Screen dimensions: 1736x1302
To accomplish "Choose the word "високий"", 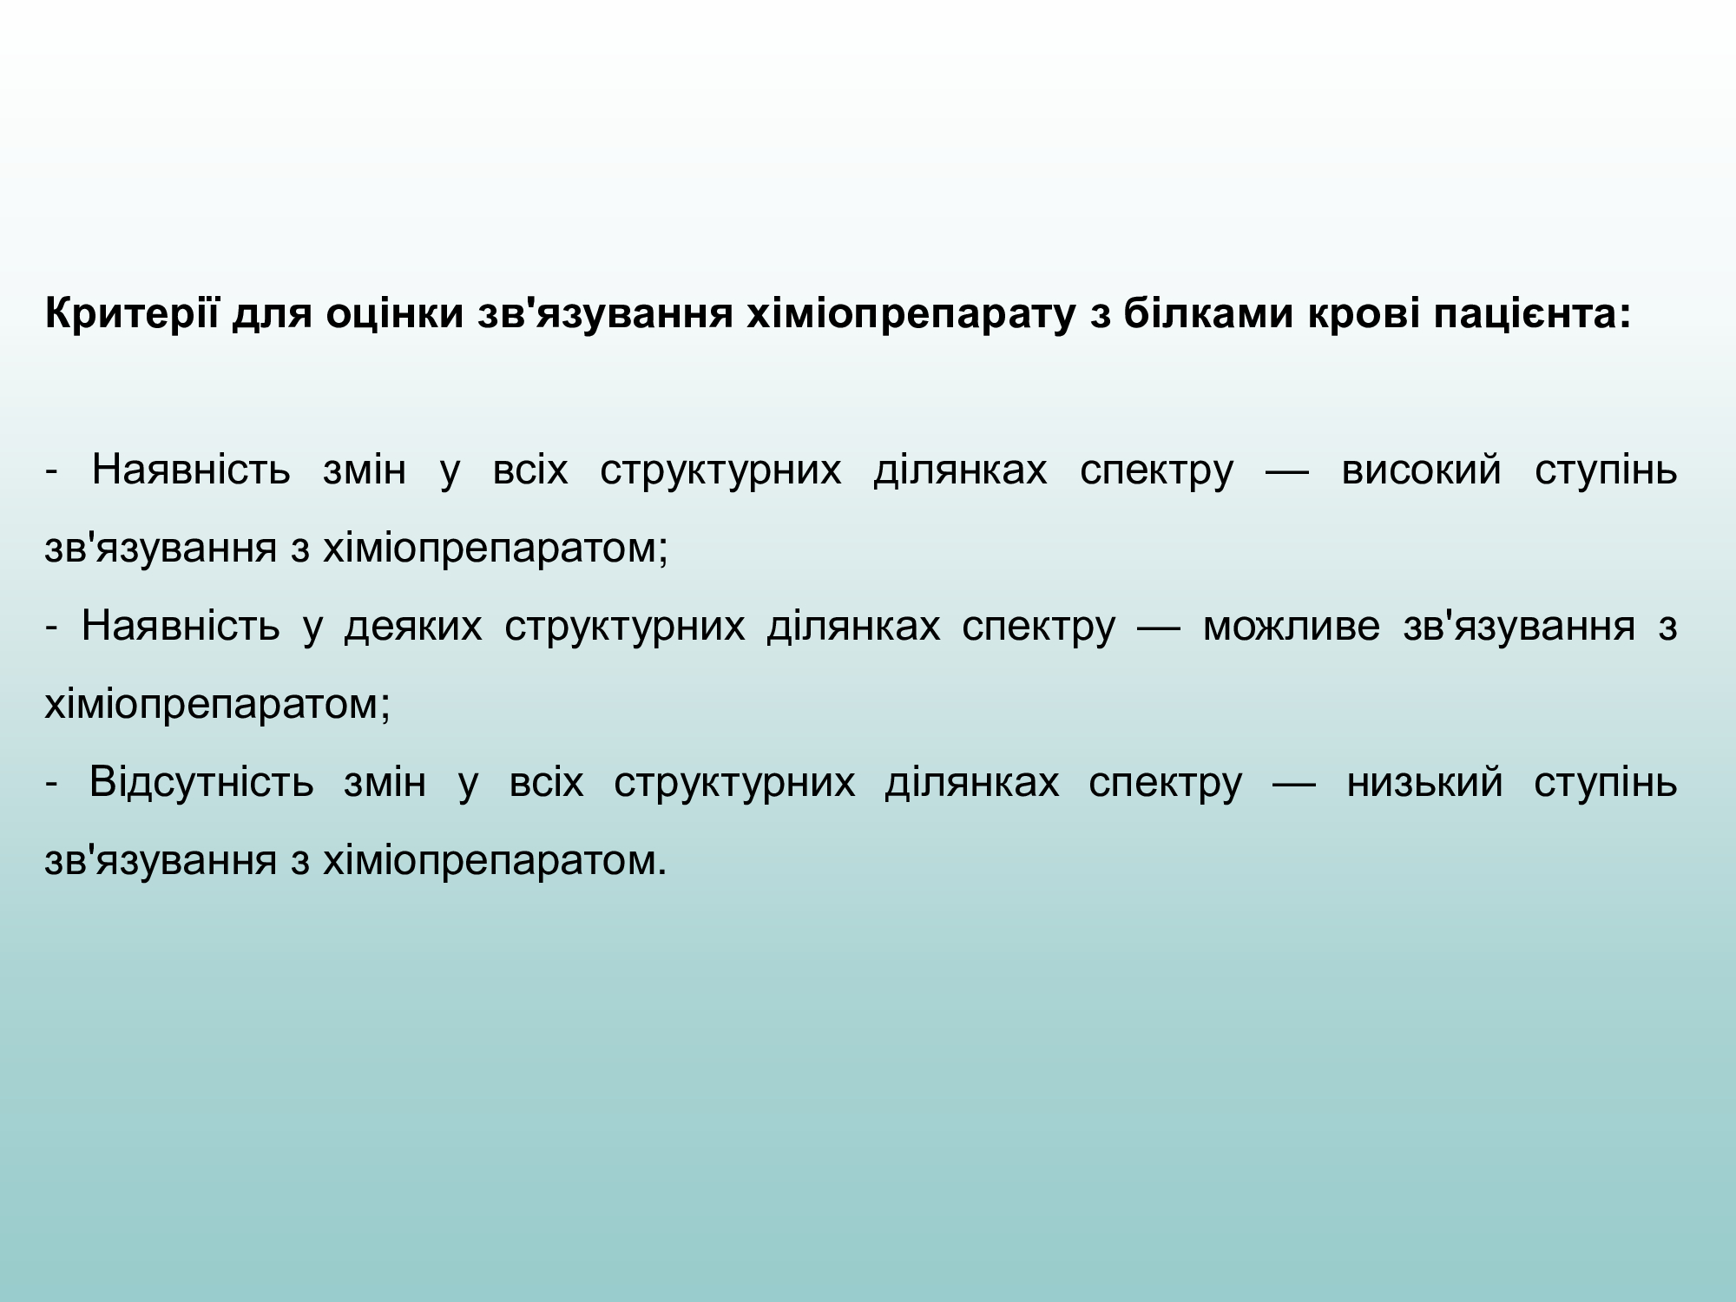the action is coord(1421,470).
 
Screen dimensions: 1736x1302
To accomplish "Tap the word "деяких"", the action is coord(413,627).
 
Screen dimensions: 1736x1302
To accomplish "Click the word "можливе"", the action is coord(1292,627).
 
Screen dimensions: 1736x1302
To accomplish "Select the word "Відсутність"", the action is coord(201,782).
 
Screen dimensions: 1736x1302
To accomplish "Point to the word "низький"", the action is coord(1424,782).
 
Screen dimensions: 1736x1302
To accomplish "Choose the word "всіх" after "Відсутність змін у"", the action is coord(546,782).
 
